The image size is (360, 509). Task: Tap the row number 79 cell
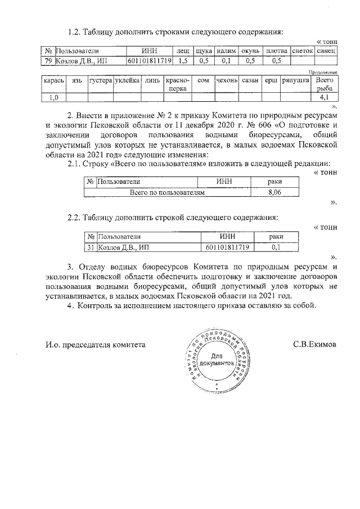(48, 60)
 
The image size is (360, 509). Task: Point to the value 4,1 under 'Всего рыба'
(324, 97)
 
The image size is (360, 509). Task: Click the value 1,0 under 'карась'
(54, 97)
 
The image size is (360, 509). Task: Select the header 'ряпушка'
(296, 80)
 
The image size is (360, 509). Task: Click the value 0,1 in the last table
(276, 247)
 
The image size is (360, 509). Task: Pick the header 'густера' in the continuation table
(101, 80)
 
